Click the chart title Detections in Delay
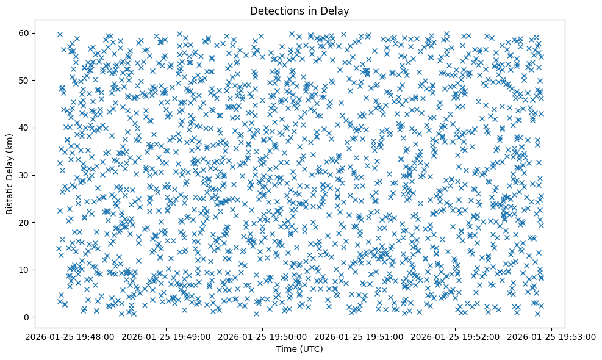click(300, 10)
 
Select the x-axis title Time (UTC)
click(300, 350)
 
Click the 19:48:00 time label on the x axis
click(70, 336)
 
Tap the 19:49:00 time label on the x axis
click(166, 336)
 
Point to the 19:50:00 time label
click(262, 336)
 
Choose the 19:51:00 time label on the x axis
click(359, 336)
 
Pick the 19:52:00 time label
click(455, 336)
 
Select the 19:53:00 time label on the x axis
click(551, 336)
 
